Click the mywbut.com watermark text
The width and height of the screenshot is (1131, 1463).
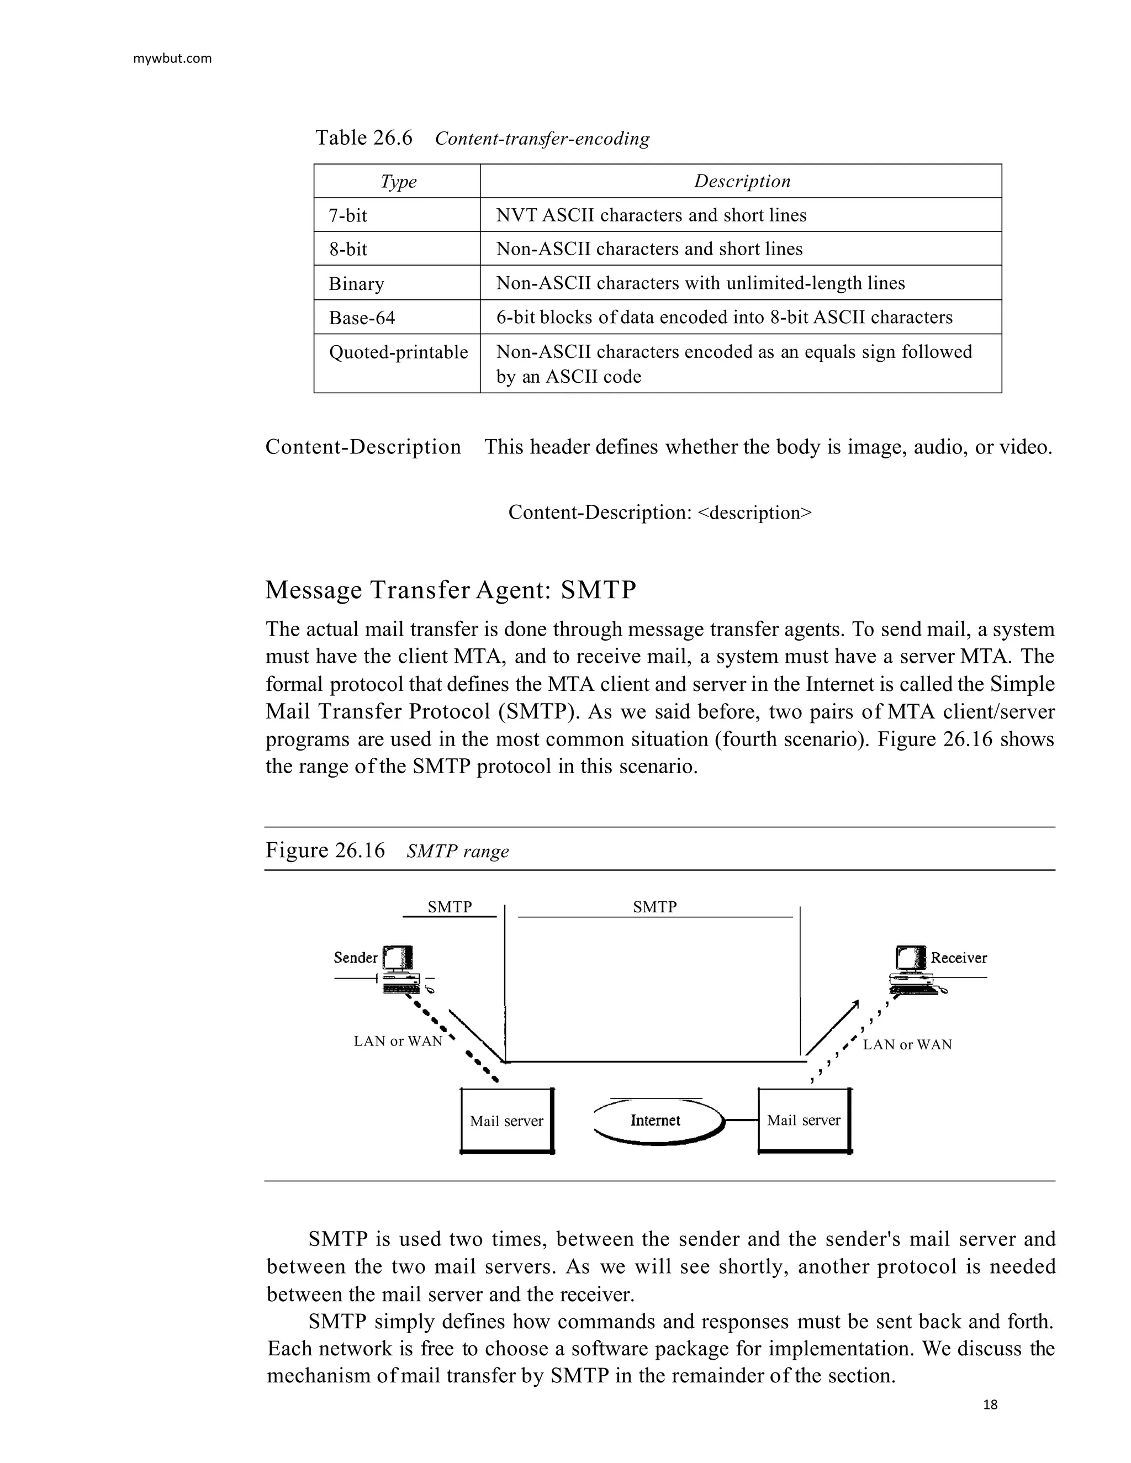pos(172,59)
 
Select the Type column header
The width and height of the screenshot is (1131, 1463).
pos(398,182)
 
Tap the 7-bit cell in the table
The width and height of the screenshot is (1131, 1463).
pos(348,216)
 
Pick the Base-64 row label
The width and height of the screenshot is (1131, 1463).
pos(362,318)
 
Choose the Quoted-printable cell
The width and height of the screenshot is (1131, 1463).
pos(398,352)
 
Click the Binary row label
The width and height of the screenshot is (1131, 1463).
pos(356,283)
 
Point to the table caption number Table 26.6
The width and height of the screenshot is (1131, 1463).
pos(364,138)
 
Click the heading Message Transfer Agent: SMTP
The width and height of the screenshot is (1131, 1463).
pos(450,589)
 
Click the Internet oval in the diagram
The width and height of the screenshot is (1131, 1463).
pos(656,1120)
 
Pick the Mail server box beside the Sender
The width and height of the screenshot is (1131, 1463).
pos(506,1120)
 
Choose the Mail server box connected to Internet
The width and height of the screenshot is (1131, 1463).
pos(804,1120)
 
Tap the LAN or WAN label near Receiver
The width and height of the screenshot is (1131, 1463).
pos(907,1044)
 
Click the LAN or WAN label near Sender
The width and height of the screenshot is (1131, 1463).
pos(398,1041)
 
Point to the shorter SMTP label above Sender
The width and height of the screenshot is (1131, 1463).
pos(450,906)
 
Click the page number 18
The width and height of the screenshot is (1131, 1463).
pos(990,1404)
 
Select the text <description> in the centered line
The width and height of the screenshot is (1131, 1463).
pos(754,513)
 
